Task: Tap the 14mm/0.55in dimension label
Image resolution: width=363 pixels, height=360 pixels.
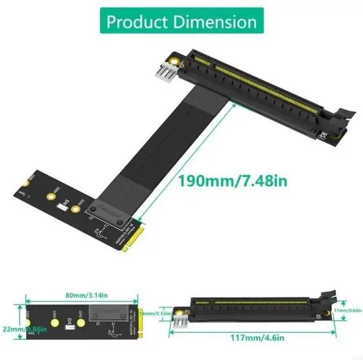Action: (158, 313)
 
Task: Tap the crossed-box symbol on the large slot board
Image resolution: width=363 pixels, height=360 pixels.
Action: (323, 136)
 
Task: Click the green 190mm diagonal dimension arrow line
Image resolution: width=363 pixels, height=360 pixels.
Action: (187, 159)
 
